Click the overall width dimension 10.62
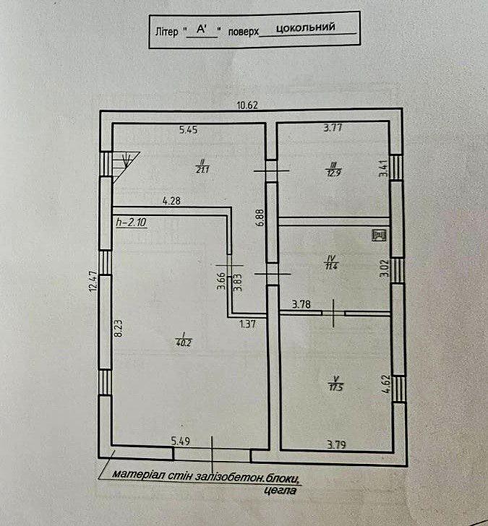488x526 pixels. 247,104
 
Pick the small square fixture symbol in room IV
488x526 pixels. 377,234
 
